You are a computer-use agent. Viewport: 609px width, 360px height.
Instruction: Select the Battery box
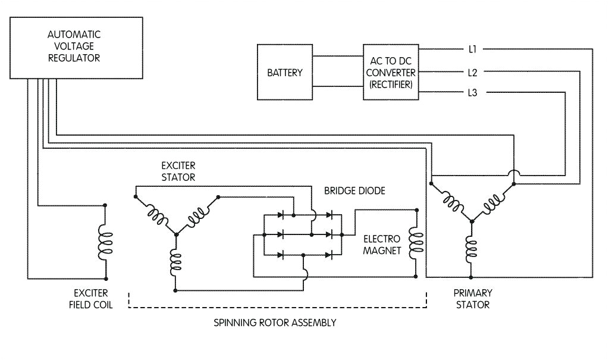[285, 73]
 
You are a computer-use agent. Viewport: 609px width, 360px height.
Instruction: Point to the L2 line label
[473, 73]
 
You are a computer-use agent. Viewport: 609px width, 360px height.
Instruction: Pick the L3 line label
[473, 92]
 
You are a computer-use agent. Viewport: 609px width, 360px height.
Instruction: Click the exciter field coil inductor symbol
[106, 242]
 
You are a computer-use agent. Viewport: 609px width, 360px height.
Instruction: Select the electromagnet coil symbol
[416, 243]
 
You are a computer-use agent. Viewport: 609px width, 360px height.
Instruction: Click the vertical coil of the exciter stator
[175, 262]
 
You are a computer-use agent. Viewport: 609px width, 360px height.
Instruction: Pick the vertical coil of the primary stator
[472, 250]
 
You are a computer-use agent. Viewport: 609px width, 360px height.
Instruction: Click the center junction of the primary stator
[472, 221]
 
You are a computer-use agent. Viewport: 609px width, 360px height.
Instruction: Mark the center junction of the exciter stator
[175, 234]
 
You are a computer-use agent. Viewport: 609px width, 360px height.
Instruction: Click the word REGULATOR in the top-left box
[74, 58]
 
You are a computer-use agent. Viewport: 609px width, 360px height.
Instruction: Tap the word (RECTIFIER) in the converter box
[391, 85]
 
